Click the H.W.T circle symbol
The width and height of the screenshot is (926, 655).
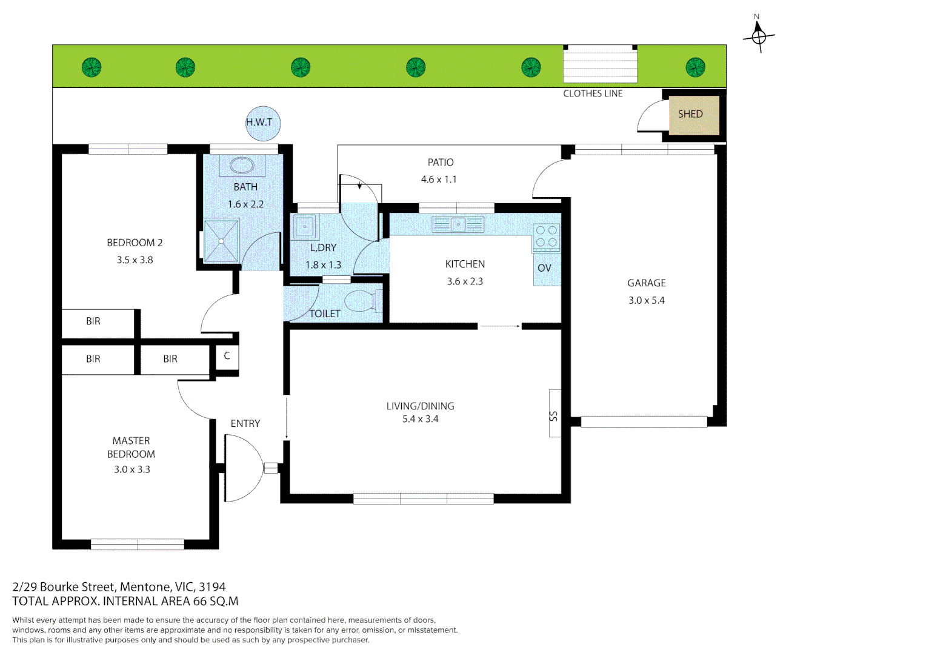[x=262, y=123]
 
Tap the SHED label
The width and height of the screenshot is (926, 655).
[x=690, y=114]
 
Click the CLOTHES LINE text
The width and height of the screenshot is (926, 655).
[x=593, y=93]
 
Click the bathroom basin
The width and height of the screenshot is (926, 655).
[x=242, y=165]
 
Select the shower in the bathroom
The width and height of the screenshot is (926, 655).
[x=221, y=241]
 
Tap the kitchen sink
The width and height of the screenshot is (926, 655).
[x=458, y=225]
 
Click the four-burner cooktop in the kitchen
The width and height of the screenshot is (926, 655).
[x=546, y=237]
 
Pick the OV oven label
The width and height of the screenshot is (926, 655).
[x=544, y=268]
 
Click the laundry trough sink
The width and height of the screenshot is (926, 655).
[x=305, y=227]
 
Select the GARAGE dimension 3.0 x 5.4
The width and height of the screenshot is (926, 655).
[x=646, y=300]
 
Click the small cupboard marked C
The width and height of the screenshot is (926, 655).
[x=227, y=356]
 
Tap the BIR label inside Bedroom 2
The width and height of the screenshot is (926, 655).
[x=93, y=321]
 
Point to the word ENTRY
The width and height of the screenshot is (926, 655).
[x=245, y=424]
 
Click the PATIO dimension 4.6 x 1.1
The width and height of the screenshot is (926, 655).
[x=439, y=180]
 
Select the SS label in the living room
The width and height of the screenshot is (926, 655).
[x=553, y=415]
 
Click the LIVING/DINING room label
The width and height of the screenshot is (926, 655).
[x=420, y=406]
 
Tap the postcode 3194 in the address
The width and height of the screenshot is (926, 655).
[x=212, y=587]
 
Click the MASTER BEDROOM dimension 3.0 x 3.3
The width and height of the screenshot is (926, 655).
[x=132, y=469]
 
